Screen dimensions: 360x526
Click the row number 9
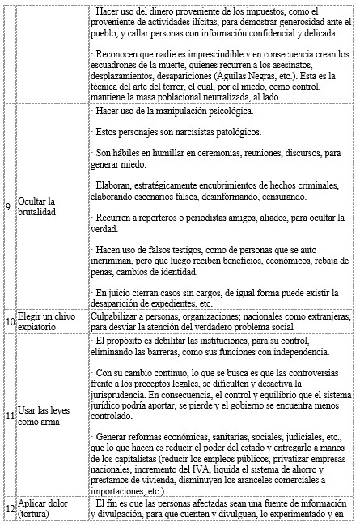7,206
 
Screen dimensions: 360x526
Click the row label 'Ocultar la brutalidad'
41,206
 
